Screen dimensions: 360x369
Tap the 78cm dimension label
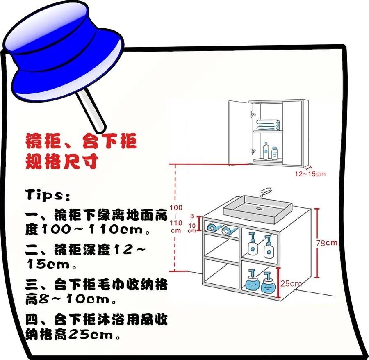[327, 243]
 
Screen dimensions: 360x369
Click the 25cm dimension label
[291, 283]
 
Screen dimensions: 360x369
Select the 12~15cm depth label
[310, 174]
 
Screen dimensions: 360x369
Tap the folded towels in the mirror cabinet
[267, 124]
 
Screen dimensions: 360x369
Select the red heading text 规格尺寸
[61, 161]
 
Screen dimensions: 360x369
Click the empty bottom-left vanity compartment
[221, 273]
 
